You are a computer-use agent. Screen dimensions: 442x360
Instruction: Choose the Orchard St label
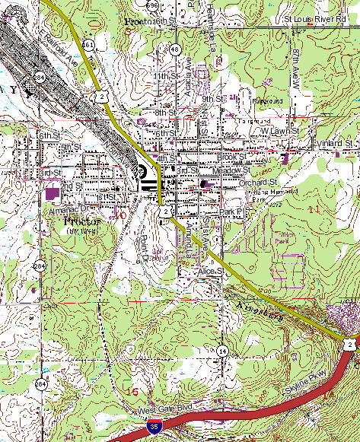click(x=259, y=183)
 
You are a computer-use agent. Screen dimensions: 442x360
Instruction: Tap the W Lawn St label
click(x=277, y=131)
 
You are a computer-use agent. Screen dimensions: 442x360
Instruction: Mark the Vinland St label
click(x=336, y=143)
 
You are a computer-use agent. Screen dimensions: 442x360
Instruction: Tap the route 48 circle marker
click(x=175, y=49)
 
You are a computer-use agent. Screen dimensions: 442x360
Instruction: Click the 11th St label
click(x=163, y=77)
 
